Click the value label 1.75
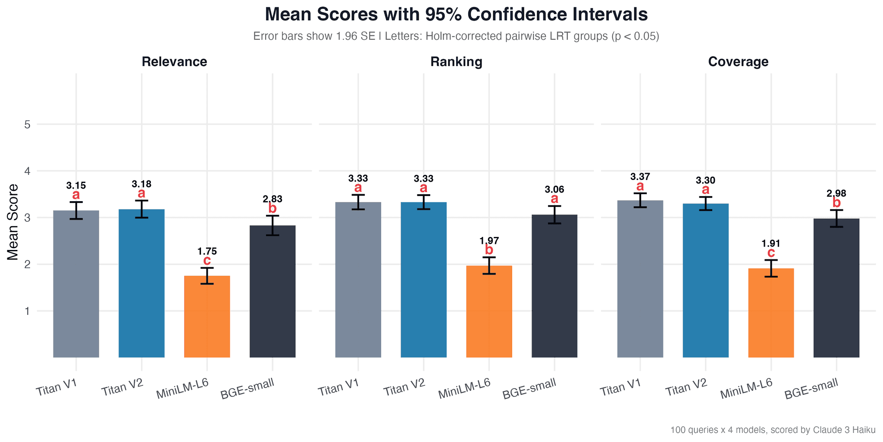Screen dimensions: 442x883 207,251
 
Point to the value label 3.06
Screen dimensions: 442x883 554,189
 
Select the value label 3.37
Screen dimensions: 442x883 640,177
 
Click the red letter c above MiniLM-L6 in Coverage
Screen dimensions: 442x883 771,253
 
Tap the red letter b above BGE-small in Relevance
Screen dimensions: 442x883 272,208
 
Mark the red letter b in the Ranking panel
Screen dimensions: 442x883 489,250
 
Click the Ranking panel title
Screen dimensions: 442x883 456,62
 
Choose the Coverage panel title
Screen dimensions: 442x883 738,62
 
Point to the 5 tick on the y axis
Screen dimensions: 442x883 27,125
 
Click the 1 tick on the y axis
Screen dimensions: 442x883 27,311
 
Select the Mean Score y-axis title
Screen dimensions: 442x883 13,222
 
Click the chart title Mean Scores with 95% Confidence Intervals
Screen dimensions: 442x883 456,15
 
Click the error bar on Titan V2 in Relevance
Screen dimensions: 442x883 141,209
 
